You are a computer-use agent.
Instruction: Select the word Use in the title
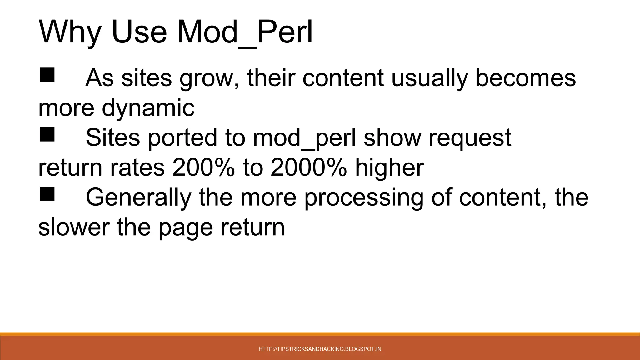[x=139, y=32]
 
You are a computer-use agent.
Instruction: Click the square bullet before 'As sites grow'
[x=47, y=75]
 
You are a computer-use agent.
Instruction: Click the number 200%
[x=203, y=168]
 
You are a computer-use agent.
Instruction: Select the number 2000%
[x=308, y=168]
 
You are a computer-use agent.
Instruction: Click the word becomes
[x=525, y=78]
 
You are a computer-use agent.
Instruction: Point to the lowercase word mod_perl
[x=304, y=138]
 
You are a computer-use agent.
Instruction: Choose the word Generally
[x=138, y=197]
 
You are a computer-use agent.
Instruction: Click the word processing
[x=363, y=197]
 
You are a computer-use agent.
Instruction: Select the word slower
[x=74, y=227]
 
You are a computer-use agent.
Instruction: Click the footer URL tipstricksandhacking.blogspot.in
[x=320, y=349]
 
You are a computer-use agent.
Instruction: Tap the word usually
[x=429, y=78]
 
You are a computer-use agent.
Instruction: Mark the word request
[x=470, y=138]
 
